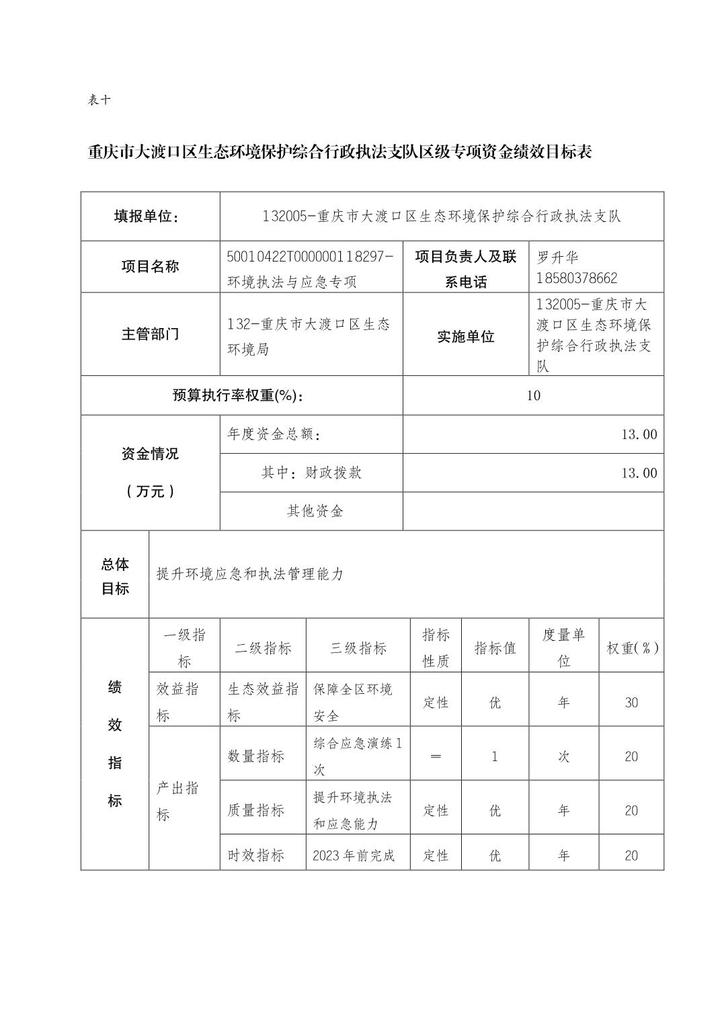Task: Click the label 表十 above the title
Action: (x=99, y=100)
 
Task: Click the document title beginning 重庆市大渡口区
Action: (x=339, y=153)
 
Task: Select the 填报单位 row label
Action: (x=150, y=217)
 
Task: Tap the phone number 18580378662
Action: (x=577, y=278)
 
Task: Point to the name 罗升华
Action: (x=557, y=258)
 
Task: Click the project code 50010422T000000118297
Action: (x=310, y=257)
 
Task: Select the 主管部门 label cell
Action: (x=150, y=334)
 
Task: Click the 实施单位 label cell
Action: (x=465, y=337)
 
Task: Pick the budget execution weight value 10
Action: (x=533, y=395)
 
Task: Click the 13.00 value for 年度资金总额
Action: (x=639, y=434)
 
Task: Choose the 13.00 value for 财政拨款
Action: (x=639, y=473)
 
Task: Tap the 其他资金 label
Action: (x=315, y=511)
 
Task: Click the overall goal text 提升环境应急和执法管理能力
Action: (x=249, y=574)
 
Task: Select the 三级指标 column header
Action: (x=358, y=648)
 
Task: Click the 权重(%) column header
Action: (x=632, y=648)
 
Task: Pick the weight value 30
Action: (x=631, y=703)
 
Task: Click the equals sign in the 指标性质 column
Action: (x=435, y=756)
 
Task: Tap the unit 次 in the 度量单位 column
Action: (x=563, y=756)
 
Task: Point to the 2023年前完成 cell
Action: (x=354, y=856)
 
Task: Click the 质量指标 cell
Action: (x=255, y=810)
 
